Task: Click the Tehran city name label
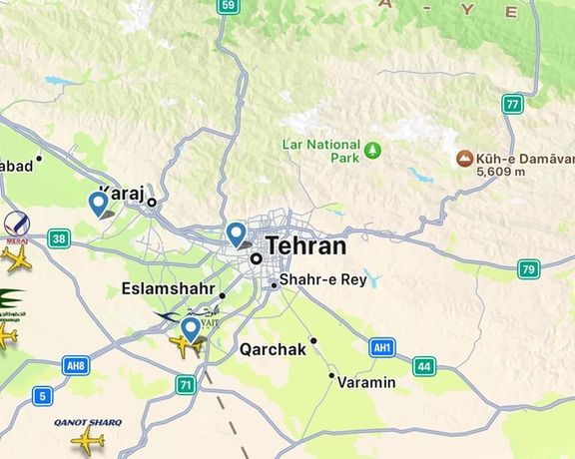pyautogui.click(x=305, y=246)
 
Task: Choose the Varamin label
pyautogui.click(x=366, y=382)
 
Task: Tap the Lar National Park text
pyautogui.click(x=318, y=151)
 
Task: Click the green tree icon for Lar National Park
pyautogui.click(x=372, y=151)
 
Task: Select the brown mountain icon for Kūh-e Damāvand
pyautogui.click(x=464, y=158)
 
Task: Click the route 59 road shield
pyautogui.click(x=228, y=6)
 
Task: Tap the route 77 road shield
pyautogui.click(x=513, y=104)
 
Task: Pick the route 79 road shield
pyautogui.click(x=528, y=268)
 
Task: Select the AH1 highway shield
pyautogui.click(x=380, y=347)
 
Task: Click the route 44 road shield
pyautogui.click(x=423, y=366)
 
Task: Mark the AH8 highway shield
pyautogui.click(x=76, y=365)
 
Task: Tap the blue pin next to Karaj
pyautogui.click(x=99, y=203)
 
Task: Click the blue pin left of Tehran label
pyautogui.click(x=237, y=233)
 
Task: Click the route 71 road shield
pyautogui.click(x=185, y=383)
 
